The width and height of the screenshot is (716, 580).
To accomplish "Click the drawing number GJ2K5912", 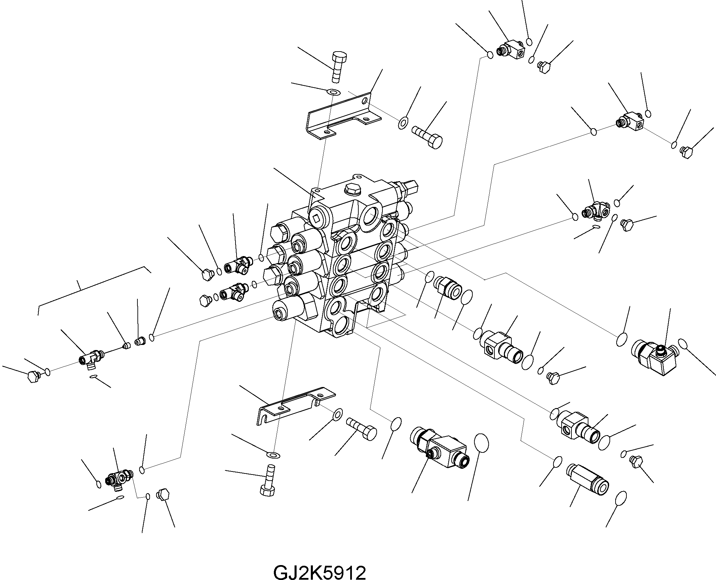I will tap(319, 564).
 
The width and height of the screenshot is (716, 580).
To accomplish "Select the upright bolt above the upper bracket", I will tap(338, 66).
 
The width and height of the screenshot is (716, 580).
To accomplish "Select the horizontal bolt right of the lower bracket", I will tap(362, 428).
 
